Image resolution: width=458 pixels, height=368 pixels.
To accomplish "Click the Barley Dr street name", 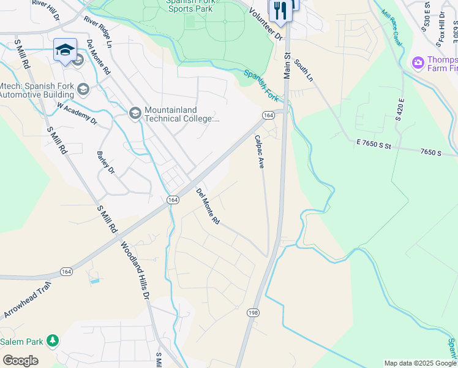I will coord(106,163).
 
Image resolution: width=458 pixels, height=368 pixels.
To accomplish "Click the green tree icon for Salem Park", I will coord(54,340).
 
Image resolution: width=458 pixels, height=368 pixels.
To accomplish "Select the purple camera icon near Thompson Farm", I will coord(419,63).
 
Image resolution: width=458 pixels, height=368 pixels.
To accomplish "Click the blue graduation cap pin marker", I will coord(65,50).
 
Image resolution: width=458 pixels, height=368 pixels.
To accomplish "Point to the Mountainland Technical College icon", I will coord(135,113).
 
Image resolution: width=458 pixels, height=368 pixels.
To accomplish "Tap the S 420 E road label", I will coord(400,110).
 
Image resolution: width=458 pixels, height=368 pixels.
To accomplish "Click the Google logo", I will coord(20,361).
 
